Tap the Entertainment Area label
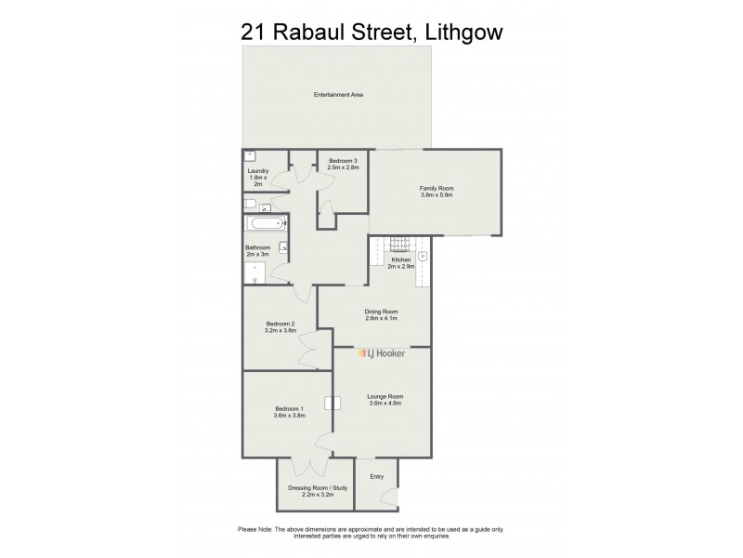337,95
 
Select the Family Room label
437,189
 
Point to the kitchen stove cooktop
400,245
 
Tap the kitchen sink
423,256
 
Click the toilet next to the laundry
251,204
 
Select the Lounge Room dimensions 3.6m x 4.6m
385,403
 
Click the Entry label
376,477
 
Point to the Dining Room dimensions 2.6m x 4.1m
381,318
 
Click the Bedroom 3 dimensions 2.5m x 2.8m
343,167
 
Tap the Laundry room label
257,171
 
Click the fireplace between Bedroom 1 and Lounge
331,404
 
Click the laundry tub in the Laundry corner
251,157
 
